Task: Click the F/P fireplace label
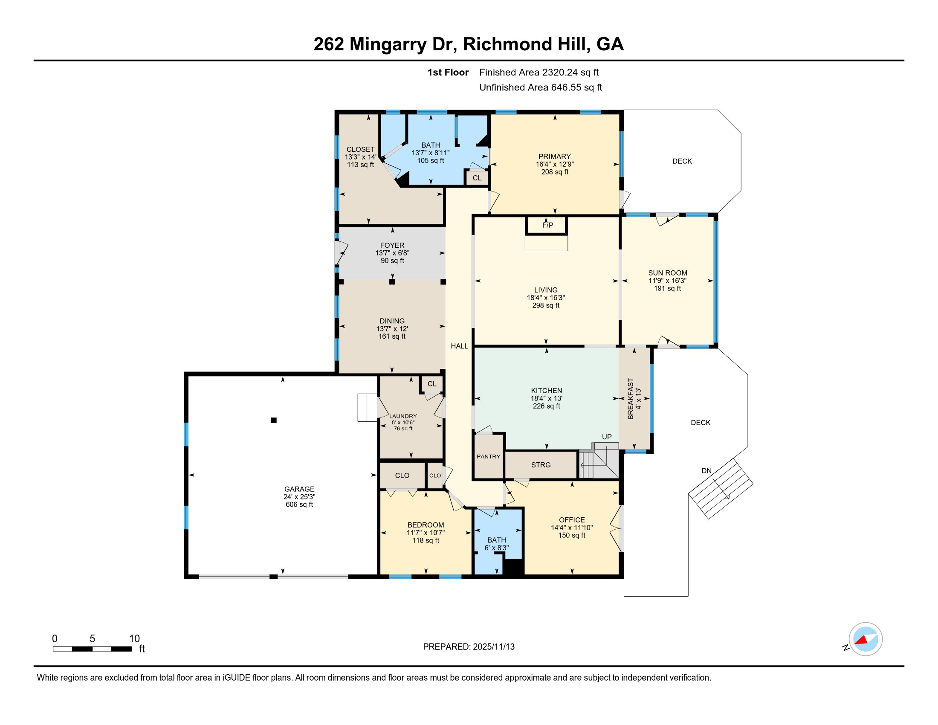point(547,225)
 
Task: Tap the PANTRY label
point(488,457)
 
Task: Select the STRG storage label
point(541,465)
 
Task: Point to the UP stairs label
point(606,437)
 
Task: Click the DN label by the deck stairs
point(706,471)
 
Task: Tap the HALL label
point(459,346)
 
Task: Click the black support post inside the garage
point(274,420)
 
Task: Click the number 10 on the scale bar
point(134,639)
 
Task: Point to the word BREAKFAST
point(631,399)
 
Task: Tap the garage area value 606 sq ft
point(299,504)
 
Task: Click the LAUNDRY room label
point(403,416)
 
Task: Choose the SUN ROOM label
point(667,273)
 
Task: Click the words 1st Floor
point(448,72)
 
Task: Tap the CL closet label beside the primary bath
point(477,178)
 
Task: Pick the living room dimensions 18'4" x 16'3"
point(546,298)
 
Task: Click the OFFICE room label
point(572,520)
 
